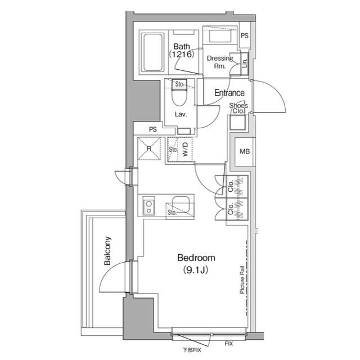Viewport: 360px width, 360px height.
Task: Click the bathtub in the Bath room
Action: coord(152,52)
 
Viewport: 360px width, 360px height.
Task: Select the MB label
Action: coord(245,151)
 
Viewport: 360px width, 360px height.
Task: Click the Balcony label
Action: coord(107,251)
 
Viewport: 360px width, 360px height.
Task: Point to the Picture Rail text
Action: coord(242,280)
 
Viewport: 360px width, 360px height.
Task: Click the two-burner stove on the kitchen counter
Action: coord(148,206)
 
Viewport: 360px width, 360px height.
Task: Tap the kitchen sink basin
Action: coord(181,204)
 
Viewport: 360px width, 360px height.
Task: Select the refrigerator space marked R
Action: coord(149,148)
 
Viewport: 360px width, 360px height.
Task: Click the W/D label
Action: coord(185,150)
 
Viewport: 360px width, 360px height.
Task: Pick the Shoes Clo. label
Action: coord(238,108)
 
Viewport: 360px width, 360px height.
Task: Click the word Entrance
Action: coord(229,93)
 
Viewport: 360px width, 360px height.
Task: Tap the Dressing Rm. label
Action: coord(220,62)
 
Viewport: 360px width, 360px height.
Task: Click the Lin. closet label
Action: coord(245,63)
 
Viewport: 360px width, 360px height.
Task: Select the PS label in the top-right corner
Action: coord(245,36)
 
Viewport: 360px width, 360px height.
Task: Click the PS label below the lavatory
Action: coord(153,129)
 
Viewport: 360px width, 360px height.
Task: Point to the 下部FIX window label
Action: coord(192,350)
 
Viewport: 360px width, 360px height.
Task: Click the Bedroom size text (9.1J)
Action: coord(196,270)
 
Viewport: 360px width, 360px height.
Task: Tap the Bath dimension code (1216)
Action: coord(182,55)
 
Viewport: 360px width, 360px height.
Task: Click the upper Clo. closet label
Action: coord(231,186)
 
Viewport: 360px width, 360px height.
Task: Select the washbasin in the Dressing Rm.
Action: coord(220,36)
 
